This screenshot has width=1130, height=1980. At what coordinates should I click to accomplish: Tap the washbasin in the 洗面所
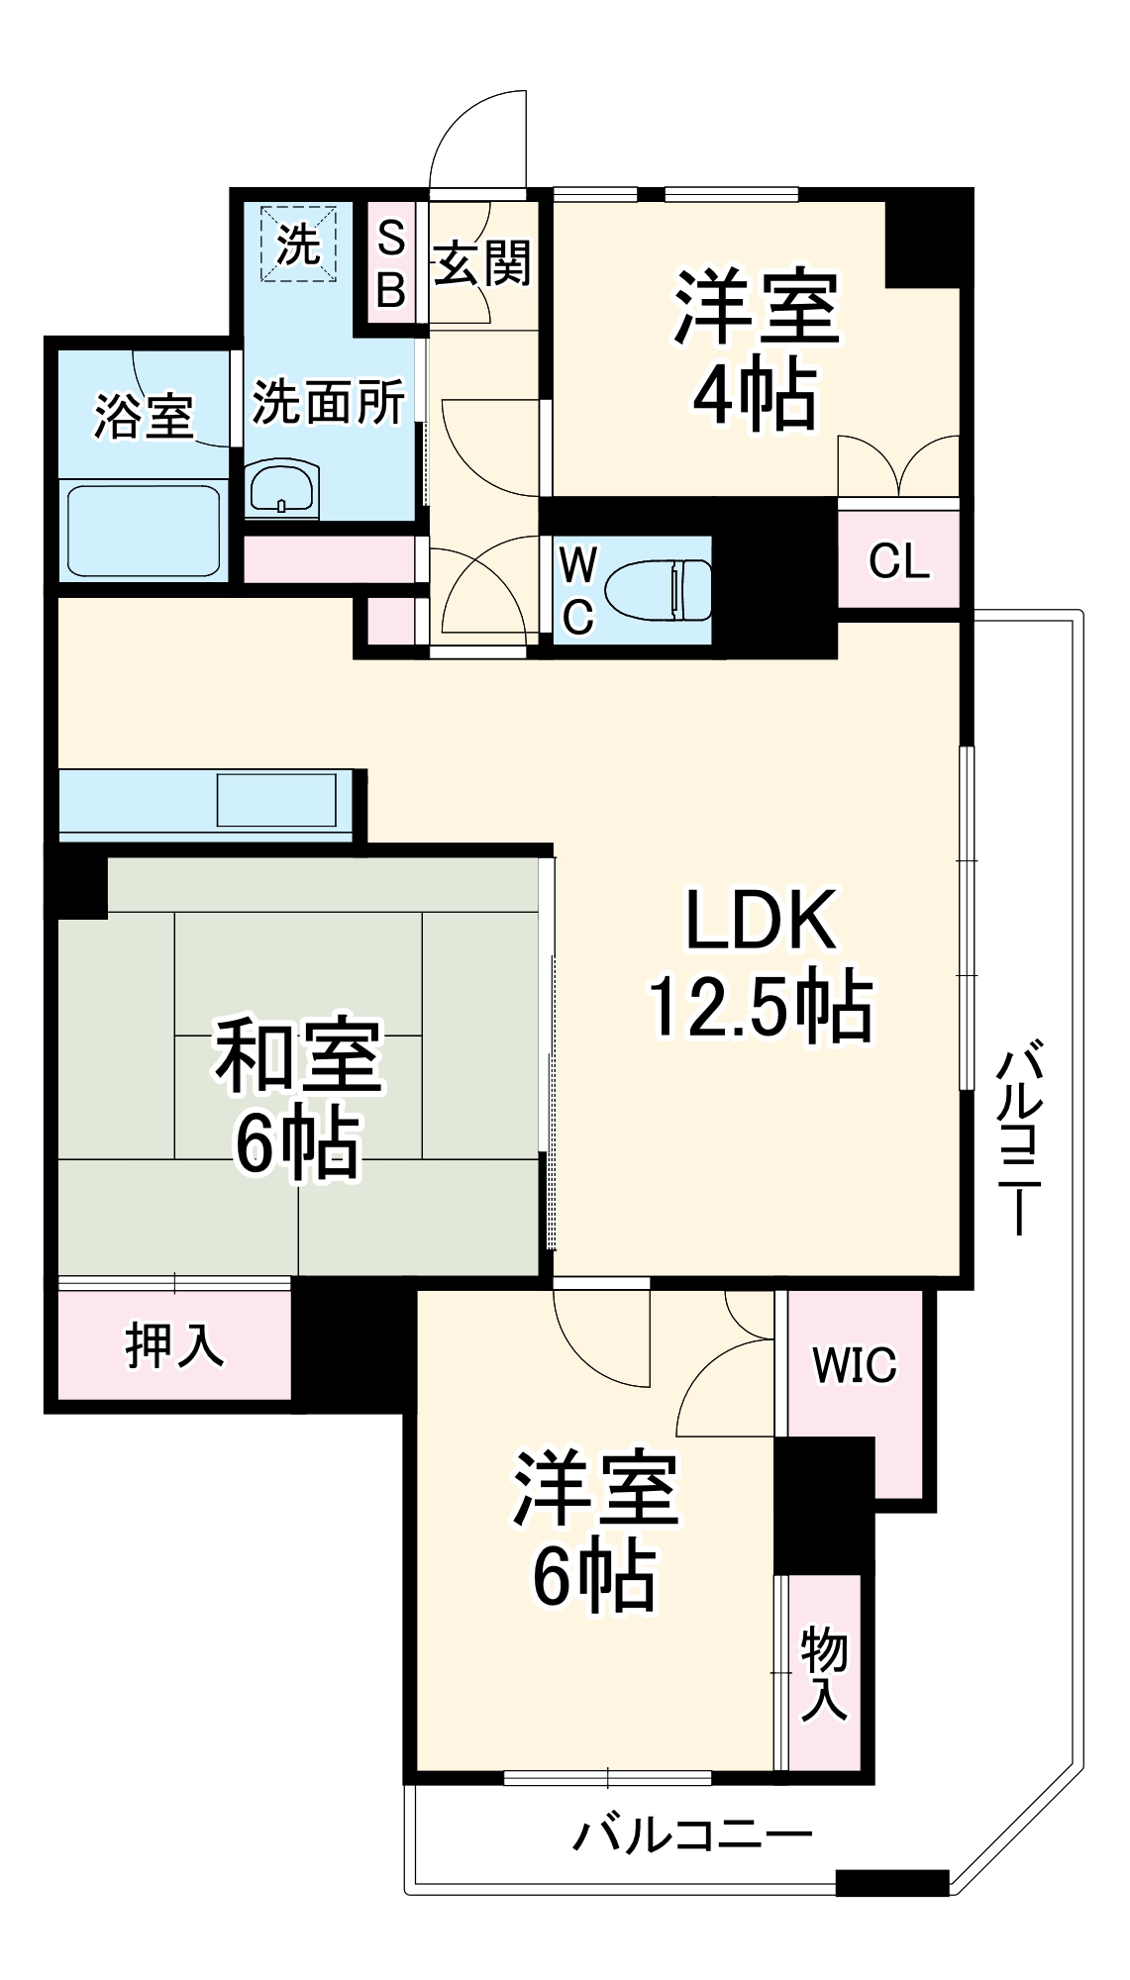(282, 487)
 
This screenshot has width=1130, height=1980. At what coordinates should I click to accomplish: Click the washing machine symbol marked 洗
(298, 244)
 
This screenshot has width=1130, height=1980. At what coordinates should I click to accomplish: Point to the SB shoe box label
(391, 264)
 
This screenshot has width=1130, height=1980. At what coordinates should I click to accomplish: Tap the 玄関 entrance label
(482, 264)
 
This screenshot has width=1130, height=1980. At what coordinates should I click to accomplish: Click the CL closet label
(898, 561)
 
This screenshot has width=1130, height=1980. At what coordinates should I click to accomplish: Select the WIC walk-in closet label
(854, 1365)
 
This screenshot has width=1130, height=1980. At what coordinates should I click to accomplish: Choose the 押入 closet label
(174, 1344)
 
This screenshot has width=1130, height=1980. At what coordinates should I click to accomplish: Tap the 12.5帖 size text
(761, 1007)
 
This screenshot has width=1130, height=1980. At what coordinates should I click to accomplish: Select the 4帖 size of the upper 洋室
(755, 395)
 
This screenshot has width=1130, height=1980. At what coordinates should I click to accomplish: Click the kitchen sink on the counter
(276, 800)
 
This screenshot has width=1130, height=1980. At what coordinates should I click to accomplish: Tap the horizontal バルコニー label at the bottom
(692, 1835)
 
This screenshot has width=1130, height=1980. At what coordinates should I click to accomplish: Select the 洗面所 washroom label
(328, 402)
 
